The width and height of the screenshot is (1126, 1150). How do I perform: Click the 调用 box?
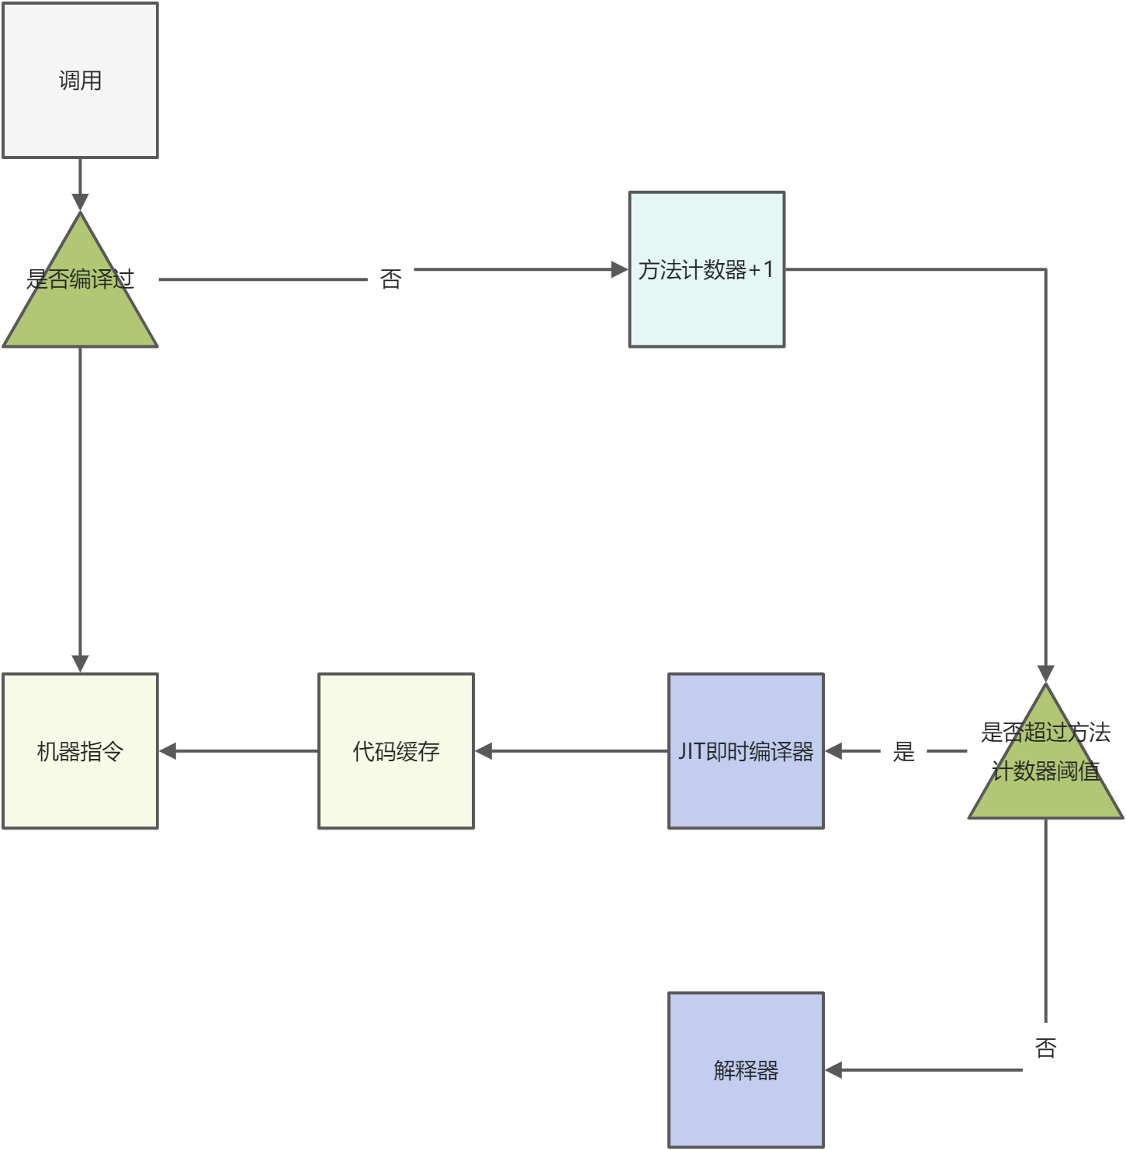pyautogui.click(x=80, y=81)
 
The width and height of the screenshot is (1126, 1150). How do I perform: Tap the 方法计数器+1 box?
pyautogui.click(x=706, y=269)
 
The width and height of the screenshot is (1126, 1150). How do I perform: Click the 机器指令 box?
pyautogui.click(x=80, y=750)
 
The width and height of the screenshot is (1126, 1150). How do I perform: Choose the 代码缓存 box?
pyautogui.click(x=396, y=750)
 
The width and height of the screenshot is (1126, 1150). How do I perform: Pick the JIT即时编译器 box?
pyautogui.click(x=746, y=750)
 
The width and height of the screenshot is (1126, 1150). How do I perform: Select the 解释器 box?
pyautogui.click(x=746, y=1069)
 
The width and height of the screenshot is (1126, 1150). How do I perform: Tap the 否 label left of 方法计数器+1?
pyautogui.click(x=390, y=279)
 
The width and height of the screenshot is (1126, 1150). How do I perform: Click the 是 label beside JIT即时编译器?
pyautogui.click(x=903, y=751)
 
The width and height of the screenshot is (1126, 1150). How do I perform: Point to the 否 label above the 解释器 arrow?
pyautogui.click(x=1045, y=1048)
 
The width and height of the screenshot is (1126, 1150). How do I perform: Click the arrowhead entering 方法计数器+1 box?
pyautogui.click(x=619, y=269)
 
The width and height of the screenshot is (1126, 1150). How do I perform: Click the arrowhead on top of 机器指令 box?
pyautogui.click(x=80, y=663)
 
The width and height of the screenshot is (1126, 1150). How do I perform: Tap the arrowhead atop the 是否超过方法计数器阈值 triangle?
pyautogui.click(x=1045, y=674)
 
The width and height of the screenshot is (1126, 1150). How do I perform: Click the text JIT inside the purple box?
pyautogui.click(x=691, y=751)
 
